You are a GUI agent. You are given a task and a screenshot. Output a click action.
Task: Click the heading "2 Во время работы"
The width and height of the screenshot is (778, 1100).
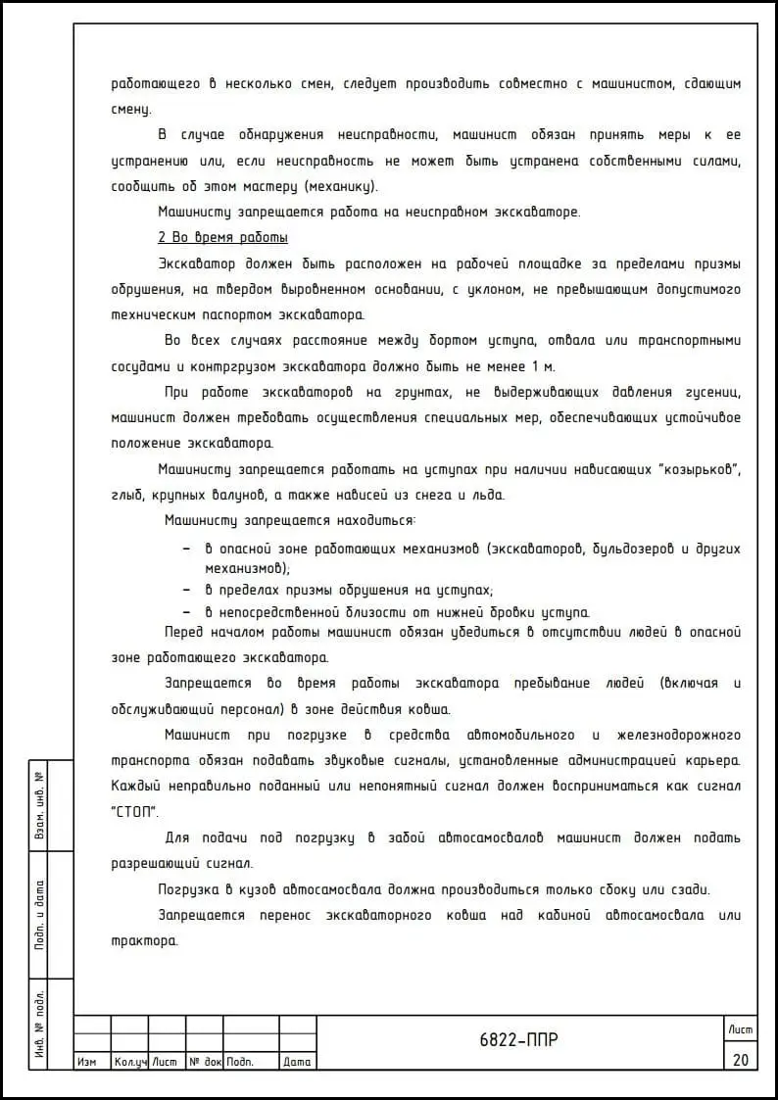point(222,238)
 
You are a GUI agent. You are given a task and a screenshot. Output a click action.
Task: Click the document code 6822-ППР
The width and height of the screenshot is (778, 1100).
point(519,1040)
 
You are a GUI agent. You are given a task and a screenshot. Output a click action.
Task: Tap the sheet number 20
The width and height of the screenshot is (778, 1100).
point(740,1059)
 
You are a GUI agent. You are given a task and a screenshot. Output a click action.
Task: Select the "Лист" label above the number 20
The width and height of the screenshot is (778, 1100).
point(740,1028)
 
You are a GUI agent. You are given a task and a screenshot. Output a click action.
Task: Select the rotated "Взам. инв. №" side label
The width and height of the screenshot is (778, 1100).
point(40,805)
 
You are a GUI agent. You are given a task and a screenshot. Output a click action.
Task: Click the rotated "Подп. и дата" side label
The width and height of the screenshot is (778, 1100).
point(40,915)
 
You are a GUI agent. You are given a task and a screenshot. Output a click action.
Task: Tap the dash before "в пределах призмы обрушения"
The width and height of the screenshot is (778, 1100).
point(186,590)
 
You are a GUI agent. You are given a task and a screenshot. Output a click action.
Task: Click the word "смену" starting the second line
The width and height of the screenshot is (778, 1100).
point(131,110)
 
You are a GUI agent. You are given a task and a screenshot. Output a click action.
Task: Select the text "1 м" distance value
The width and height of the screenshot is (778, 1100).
point(543,366)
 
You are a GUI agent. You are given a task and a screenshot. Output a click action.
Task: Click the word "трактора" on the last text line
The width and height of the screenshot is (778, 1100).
point(145,940)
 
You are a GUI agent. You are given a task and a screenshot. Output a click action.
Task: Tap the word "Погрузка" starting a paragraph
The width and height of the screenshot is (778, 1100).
point(186,889)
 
